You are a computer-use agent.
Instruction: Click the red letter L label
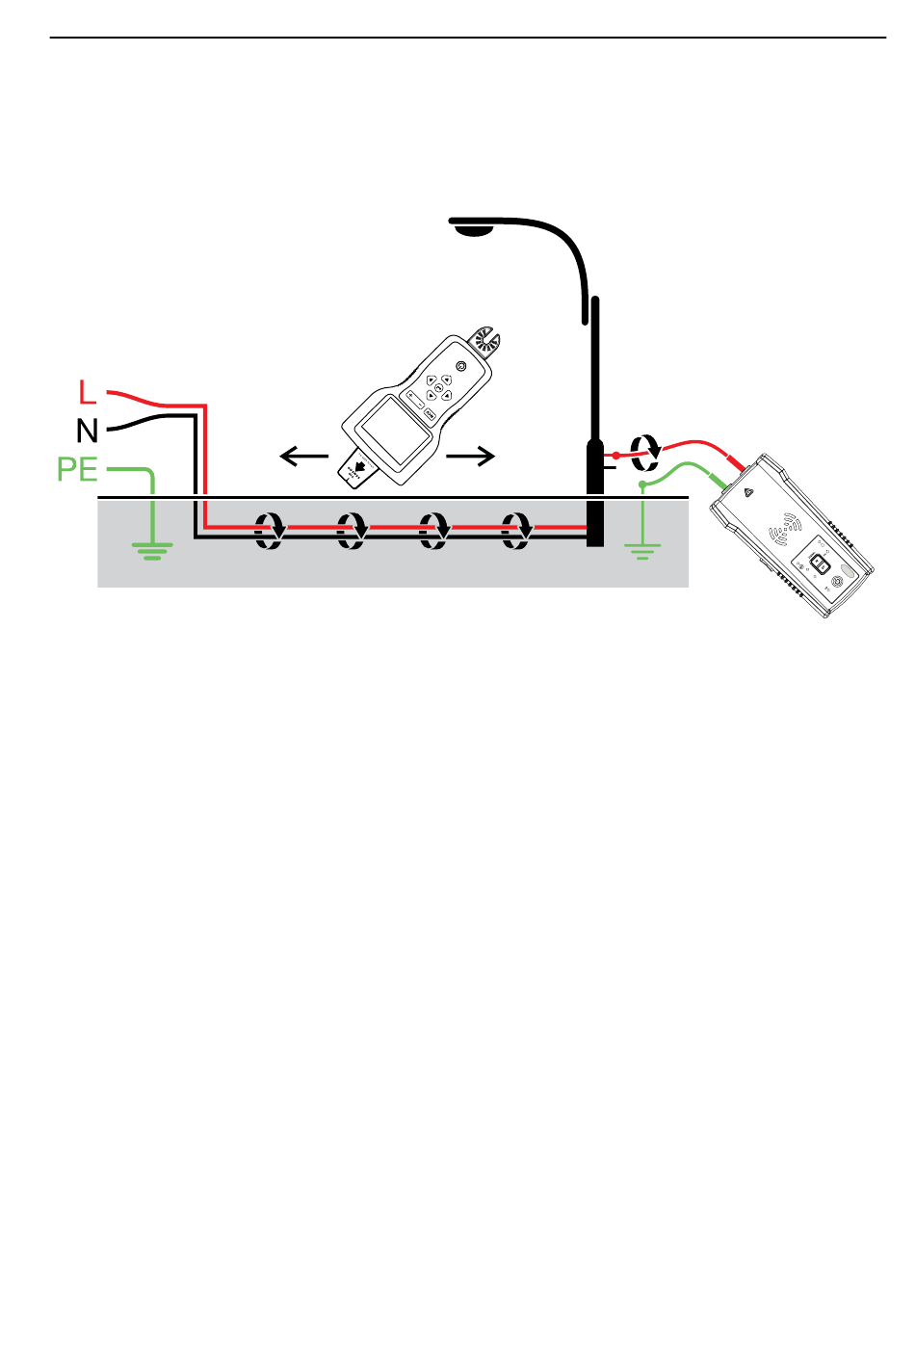88,393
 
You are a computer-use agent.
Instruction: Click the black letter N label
88,430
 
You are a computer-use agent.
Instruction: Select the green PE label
77,470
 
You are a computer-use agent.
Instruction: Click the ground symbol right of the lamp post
642,550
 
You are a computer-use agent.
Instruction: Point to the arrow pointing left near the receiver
304,457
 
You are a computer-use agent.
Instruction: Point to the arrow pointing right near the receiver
471,457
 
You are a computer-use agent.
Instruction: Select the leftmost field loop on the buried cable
270,531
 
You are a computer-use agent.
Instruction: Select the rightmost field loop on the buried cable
519,531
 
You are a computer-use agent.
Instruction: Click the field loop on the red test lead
645,446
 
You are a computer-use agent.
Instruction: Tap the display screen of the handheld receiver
392,430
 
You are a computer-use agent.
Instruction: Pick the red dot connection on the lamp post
616,455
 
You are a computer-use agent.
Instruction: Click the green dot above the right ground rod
642,484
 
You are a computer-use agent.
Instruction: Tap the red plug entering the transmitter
737,464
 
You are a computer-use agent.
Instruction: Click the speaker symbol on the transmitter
789,527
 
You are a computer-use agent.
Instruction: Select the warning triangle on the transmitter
750,491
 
